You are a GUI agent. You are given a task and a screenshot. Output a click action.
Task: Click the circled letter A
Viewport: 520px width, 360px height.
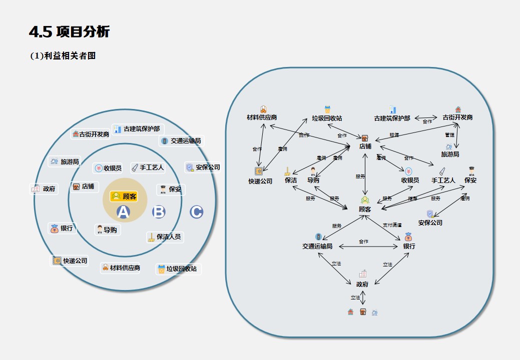[123, 212]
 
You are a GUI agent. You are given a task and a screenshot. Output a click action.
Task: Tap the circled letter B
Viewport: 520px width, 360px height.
[159, 212]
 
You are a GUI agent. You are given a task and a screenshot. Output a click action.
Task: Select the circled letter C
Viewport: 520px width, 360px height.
[196, 212]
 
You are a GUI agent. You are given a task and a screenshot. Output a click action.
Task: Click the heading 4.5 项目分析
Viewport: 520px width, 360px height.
[70, 32]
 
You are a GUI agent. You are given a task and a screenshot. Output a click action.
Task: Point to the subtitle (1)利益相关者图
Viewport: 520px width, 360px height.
[63, 56]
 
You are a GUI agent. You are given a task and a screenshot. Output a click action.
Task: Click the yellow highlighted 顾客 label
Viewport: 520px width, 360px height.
[124, 196]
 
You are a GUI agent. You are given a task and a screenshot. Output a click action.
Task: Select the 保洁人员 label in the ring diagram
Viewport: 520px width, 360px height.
[165, 236]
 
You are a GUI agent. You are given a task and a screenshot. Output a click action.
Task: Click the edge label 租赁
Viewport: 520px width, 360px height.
[394, 135]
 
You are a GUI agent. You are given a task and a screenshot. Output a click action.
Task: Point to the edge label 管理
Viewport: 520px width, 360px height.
[449, 135]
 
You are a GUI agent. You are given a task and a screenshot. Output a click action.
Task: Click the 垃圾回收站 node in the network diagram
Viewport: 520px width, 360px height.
[327, 118]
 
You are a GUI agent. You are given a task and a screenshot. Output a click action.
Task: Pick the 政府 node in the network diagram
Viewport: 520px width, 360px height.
[362, 283]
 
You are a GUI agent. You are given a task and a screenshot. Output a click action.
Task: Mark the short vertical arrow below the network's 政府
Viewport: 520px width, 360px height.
[363, 297]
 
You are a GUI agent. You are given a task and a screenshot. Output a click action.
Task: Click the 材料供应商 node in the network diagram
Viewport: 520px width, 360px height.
[262, 117]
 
